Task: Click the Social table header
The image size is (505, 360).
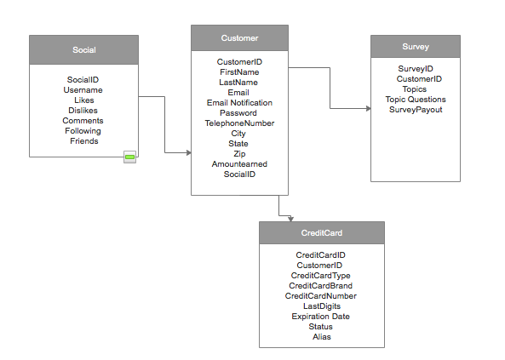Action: (84, 50)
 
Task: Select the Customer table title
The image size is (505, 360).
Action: (239, 38)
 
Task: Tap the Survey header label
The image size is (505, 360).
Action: (416, 47)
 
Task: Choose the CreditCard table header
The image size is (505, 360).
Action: (322, 233)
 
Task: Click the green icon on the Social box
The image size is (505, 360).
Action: (129, 157)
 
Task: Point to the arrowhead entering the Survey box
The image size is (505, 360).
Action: (369, 109)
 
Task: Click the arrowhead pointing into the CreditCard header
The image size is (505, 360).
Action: (291, 219)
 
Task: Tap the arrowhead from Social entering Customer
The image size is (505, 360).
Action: (189, 152)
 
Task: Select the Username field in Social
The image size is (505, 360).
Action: (83, 90)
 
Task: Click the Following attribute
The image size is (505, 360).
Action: (83, 131)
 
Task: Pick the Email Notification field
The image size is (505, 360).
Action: (239, 103)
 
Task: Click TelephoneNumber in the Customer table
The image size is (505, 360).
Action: (239, 123)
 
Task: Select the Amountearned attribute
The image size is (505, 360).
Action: (239, 164)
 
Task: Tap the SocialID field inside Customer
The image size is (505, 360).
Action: (239, 174)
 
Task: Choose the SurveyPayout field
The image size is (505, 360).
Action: (416, 110)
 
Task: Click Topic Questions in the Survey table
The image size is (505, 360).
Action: (416, 100)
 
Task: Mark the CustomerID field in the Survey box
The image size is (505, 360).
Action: (419, 79)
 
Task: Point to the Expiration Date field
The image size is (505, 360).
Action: (321, 317)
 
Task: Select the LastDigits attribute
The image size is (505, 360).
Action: (322, 306)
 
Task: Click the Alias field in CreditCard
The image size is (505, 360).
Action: (322, 337)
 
